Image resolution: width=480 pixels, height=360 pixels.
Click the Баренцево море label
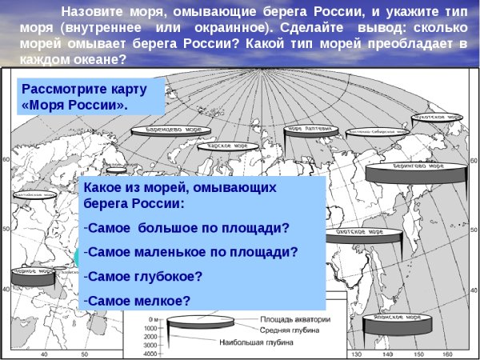coord(172,128)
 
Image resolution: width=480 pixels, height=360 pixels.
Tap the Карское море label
coord(233,146)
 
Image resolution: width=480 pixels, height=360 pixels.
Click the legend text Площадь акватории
coord(287,318)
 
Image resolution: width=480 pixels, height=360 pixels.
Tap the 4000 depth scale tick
coord(149,354)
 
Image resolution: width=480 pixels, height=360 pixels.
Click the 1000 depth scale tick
coord(149,329)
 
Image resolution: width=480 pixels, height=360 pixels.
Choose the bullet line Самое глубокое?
coord(144,277)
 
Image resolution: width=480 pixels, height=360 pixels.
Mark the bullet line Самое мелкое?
coord(139,301)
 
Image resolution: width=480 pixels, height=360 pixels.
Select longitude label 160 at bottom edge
coord(448,354)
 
